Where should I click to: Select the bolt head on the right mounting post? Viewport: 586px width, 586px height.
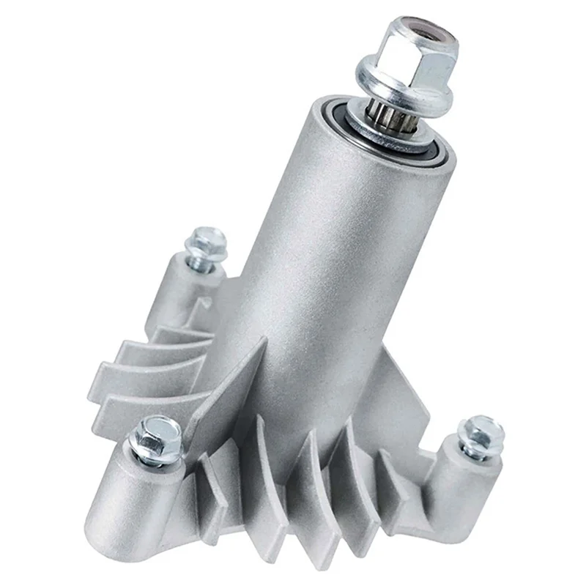(483, 432)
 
